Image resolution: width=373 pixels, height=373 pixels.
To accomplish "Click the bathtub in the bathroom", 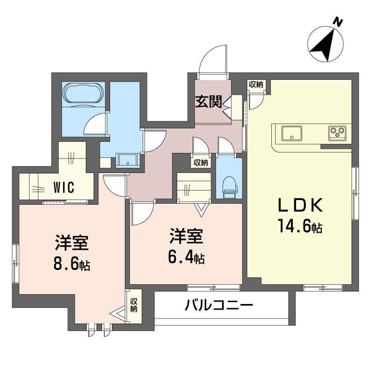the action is pyautogui.click(x=83, y=94).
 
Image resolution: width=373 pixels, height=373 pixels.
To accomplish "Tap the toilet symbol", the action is pyautogui.click(x=230, y=187).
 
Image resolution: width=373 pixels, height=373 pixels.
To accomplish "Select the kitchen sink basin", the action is pyautogui.click(x=292, y=133).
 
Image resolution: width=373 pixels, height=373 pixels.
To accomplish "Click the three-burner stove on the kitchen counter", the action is pyautogui.click(x=337, y=133).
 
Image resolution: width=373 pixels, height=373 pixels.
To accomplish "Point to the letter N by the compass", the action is pyautogui.click(x=338, y=22).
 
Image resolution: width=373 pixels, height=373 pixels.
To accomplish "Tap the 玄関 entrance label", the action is pyautogui.click(x=208, y=102).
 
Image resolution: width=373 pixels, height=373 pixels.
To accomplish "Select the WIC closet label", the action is pyautogui.click(x=64, y=187).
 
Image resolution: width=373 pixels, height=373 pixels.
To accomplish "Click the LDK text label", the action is pyautogui.click(x=301, y=205).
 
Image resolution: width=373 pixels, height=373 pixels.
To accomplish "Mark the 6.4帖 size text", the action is pyautogui.click(x=186, y=257).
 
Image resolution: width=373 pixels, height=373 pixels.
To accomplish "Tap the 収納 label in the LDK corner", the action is pyautogui.click(x=256, y=84).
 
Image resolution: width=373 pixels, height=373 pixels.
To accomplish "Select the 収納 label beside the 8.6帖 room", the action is pyautogui.click(x=134, y=305).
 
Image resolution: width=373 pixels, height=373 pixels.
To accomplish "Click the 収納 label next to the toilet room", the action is pyautogui.click(x=201, y=163).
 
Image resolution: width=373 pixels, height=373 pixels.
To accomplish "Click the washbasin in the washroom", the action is pyautogui.click(x=128, y=160).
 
